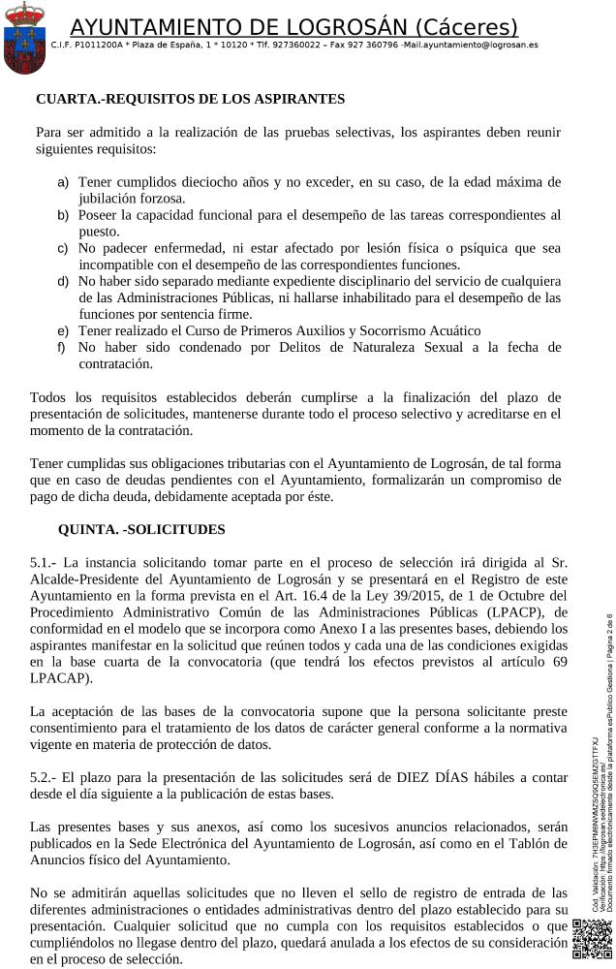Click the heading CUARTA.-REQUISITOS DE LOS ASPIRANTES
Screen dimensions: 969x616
(190, 99)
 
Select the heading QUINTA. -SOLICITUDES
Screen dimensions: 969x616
(141, 529)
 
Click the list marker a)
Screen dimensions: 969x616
(63, 182)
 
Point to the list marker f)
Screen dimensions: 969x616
(62, 347)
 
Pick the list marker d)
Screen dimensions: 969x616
(63, 281)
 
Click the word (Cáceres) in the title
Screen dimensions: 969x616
(466, 27)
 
